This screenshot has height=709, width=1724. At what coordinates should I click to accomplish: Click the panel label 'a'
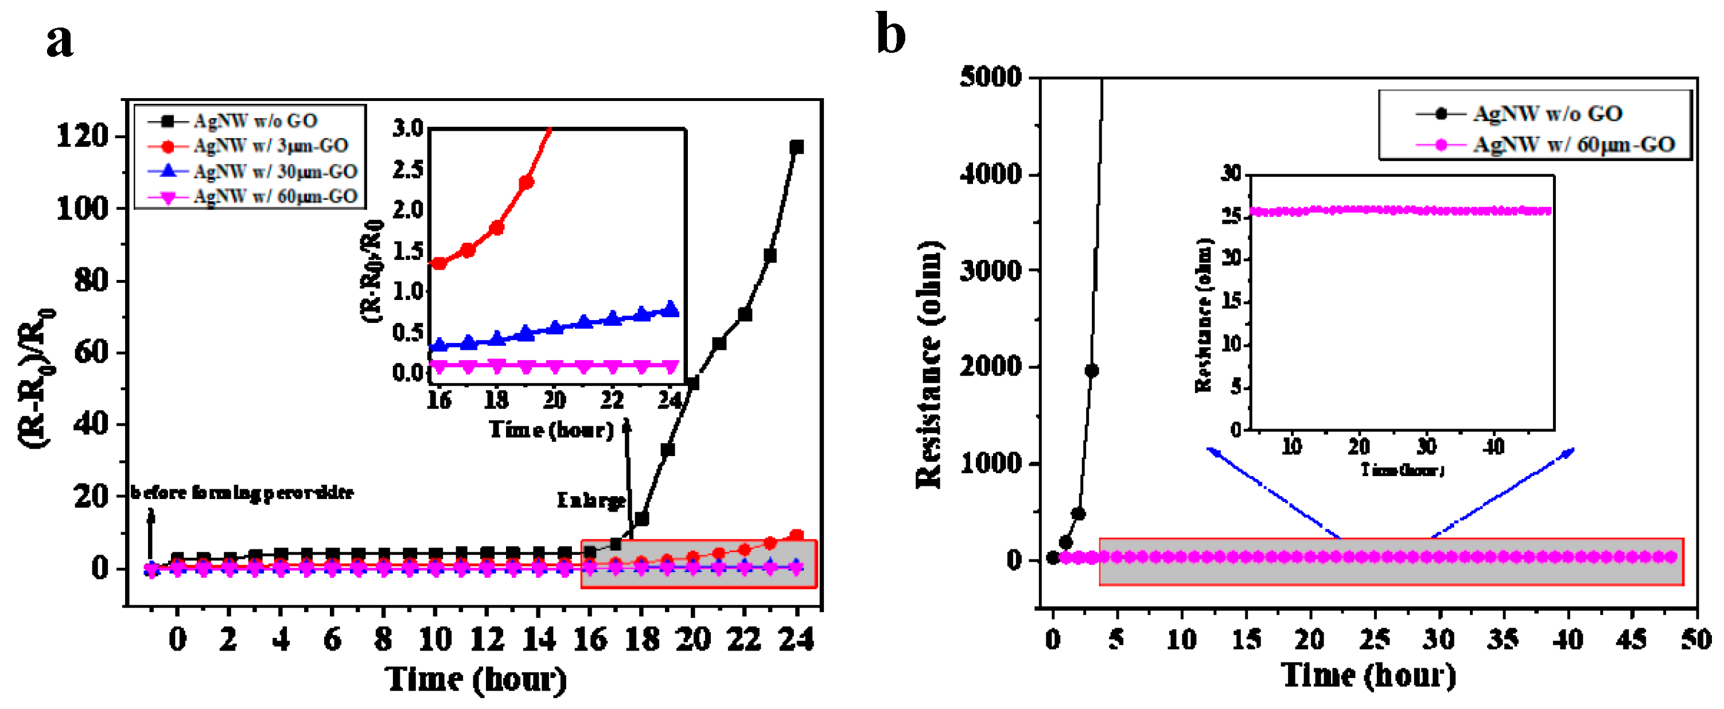tap(60, 40)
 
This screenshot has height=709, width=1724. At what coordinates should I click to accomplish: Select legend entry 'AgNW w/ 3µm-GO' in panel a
tap(270, 146)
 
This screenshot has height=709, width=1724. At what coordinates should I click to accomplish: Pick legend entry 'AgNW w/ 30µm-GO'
tap(275, 172)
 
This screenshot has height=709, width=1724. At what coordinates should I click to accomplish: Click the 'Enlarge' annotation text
tap(590, 500)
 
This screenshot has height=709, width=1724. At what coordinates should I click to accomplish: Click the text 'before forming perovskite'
tap(242, 493)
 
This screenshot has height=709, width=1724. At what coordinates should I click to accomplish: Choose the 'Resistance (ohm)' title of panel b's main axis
tap(929, 364)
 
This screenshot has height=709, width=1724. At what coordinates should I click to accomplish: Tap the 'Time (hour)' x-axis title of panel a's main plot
tap(476, 680)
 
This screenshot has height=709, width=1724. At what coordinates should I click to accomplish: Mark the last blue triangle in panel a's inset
tap(671, 309)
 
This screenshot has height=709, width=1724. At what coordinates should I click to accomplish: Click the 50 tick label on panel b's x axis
tap(1695, 640)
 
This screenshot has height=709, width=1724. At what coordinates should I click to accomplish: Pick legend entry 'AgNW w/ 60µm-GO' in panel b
tap(1573, 145)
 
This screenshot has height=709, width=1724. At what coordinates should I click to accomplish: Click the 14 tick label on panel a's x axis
tap(538, 640)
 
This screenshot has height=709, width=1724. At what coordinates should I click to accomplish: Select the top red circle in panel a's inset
tap(526, 182)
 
